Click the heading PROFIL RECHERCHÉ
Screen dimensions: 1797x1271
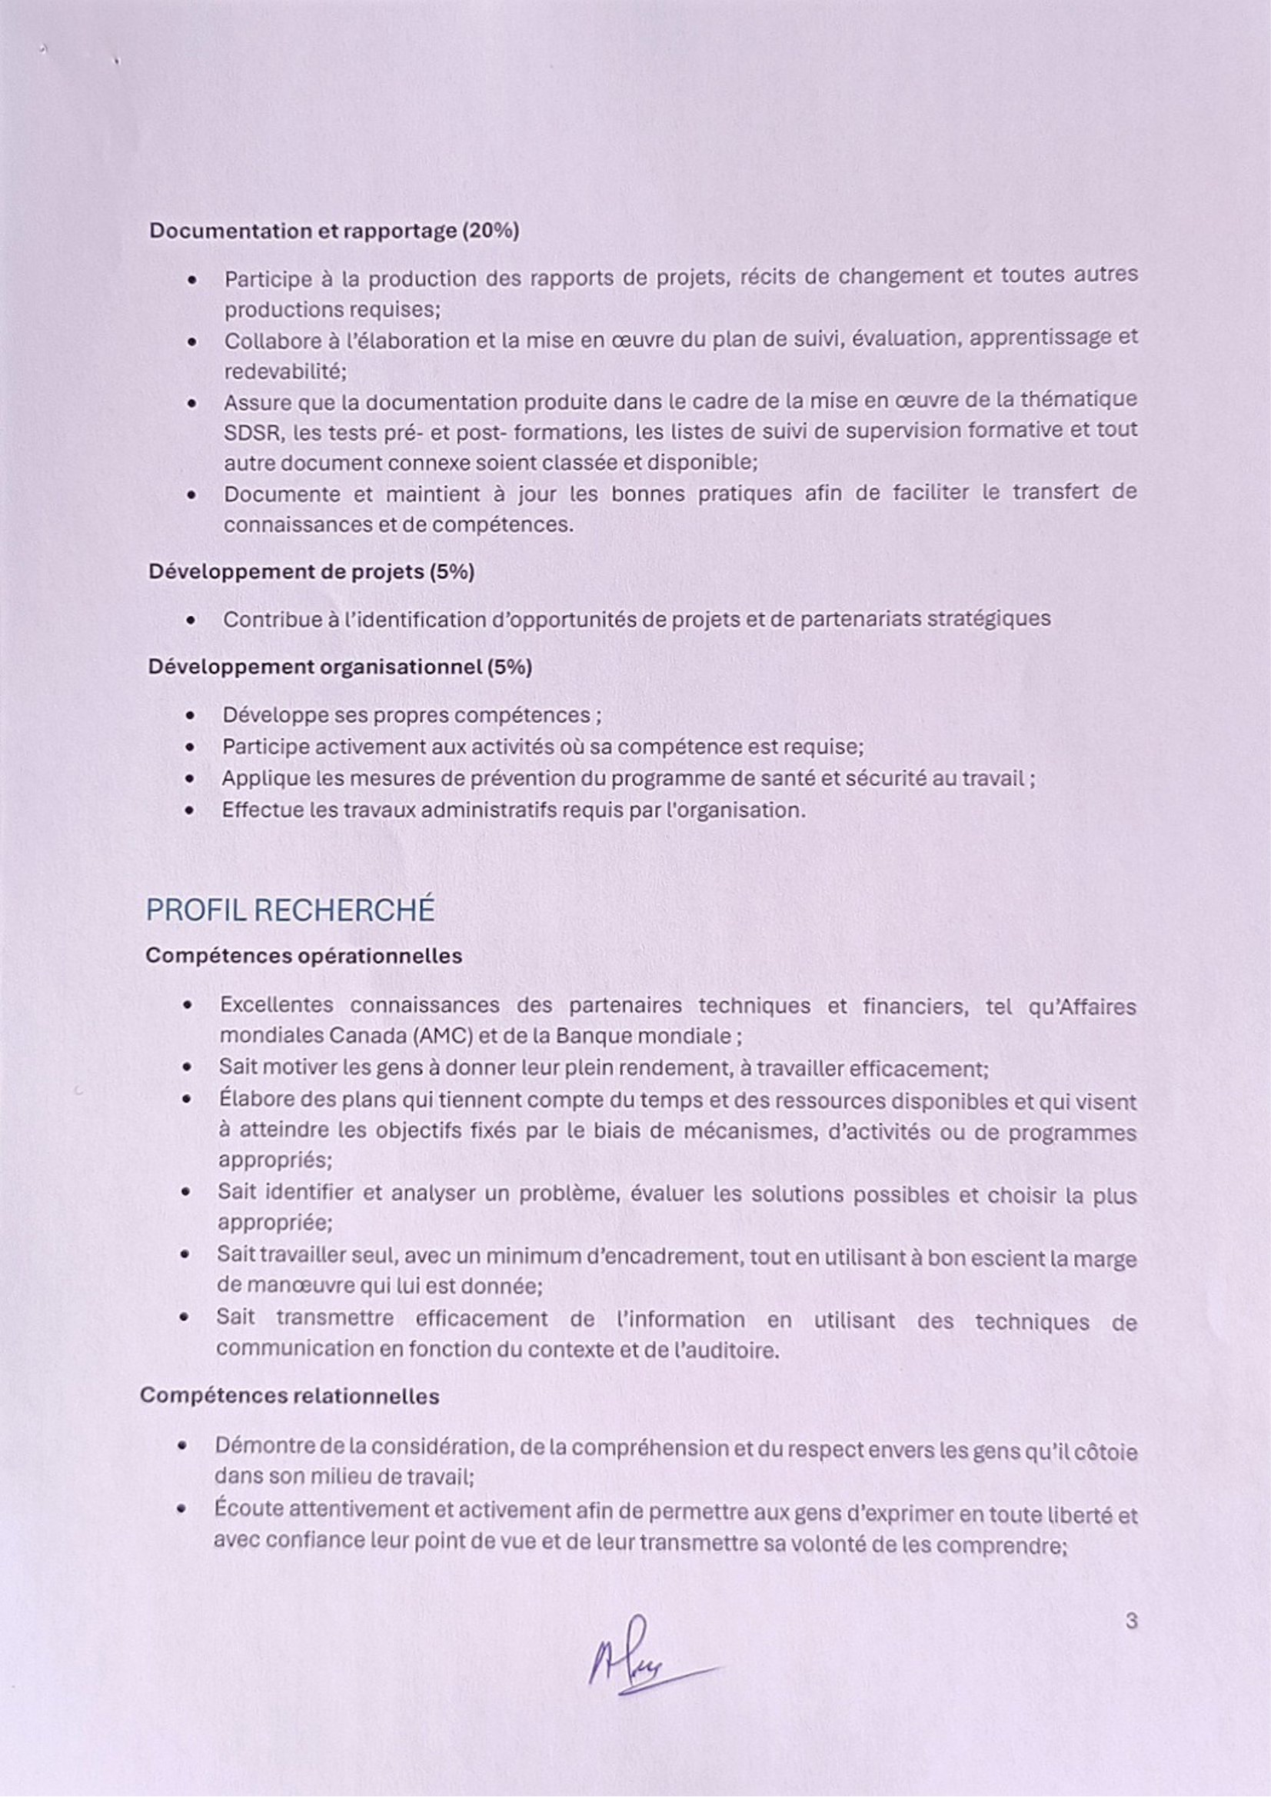click(290, 910)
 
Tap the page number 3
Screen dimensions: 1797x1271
click(1131, 1621)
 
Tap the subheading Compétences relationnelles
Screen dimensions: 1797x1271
click(290, 1396)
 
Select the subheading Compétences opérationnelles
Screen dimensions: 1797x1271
click(304, 957)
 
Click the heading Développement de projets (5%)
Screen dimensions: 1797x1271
click(311, 572)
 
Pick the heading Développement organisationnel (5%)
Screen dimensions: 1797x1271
click(340, 667)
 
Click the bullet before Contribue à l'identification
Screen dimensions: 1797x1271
click(190, 621)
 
